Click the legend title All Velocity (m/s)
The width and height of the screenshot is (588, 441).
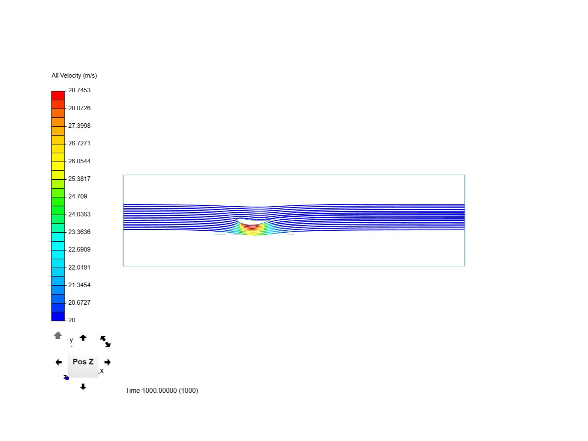point(74,76)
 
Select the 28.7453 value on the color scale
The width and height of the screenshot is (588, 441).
point(79,90)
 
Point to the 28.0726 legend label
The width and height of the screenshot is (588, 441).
point(79,108)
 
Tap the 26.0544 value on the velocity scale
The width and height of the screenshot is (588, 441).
point(79,161)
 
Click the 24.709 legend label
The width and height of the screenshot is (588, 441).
point(78,196)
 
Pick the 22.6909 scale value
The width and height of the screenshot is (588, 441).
point(79,249)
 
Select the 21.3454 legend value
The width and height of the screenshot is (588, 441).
point(79,285)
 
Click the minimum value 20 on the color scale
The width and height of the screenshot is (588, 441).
point(72,320)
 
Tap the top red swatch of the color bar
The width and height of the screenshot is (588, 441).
point(58,96)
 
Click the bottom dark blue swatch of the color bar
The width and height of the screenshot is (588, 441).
point(58,316)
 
